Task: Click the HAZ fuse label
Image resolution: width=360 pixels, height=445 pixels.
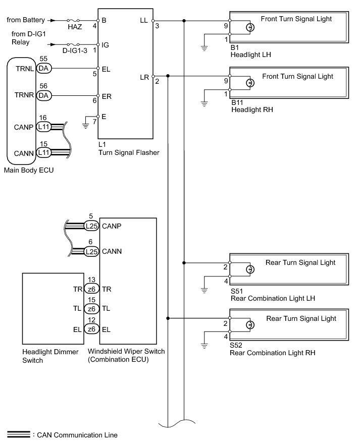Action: click(75, 27)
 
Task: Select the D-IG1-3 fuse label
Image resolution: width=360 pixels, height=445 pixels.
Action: click(75, 51)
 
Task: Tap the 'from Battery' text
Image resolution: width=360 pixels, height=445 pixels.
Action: click(26, 20)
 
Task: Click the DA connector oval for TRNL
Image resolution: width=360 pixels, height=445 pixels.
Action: click(44, 69)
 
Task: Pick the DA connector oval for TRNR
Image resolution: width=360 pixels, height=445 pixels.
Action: click(44, 95)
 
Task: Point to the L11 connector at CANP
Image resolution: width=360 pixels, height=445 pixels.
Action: click(44, 127)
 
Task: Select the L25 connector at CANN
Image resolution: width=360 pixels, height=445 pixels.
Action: click(91, 251)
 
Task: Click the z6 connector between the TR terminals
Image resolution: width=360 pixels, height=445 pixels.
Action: click(91, 289)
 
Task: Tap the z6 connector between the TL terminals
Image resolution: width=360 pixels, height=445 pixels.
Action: click(91, 308)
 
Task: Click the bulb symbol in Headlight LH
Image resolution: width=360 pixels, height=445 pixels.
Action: click(250, 28)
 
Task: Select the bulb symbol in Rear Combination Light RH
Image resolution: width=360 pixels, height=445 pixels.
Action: click(250, 325)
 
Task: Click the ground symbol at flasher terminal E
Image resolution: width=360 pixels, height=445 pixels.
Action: click(85, 126)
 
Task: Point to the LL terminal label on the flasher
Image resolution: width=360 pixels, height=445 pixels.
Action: click(144, 20)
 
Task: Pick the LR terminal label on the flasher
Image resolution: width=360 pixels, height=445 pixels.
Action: click(144, 77)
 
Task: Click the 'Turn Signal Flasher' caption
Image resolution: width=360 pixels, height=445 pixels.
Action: click(129, 152)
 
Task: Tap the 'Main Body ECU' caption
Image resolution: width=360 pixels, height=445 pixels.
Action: click(29, 170)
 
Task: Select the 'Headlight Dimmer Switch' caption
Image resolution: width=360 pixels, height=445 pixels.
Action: click(50, 356)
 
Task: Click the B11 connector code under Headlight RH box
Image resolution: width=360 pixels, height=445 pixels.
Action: click(237, 102)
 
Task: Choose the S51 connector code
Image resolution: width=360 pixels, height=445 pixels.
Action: click(236, 291)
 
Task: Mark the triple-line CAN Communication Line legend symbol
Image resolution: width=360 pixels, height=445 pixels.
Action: click(19, 434)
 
